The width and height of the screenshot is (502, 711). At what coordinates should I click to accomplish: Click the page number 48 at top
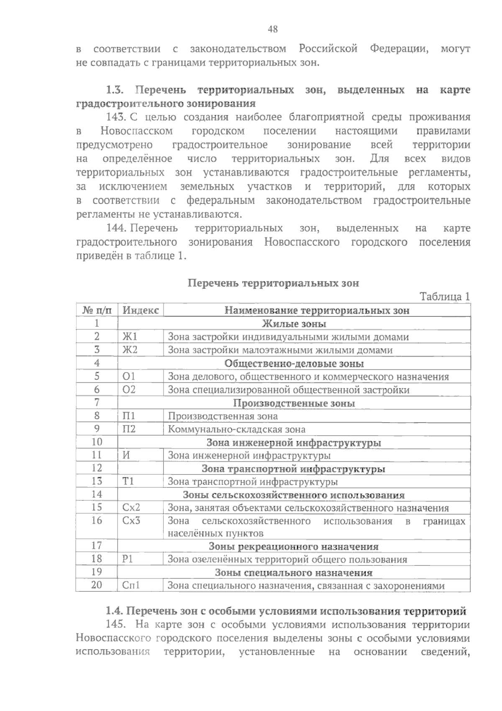point(272,29)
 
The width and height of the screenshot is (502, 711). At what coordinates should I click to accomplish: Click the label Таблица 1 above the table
point(445,296)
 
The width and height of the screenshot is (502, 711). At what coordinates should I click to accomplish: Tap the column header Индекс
point(141,310)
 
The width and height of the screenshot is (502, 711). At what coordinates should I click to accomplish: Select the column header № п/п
point(97,310)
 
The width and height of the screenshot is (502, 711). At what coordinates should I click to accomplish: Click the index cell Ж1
point(130,336)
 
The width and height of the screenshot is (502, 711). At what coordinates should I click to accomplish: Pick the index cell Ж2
point(130,350)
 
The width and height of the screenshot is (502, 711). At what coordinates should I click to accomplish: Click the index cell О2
point(129,390)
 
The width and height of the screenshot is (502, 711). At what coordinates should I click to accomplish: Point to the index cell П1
point(129,416)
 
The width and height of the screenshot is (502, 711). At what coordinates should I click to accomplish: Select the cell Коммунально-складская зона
point(236,429)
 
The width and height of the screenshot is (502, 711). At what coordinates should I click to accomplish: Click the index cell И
point(126,455)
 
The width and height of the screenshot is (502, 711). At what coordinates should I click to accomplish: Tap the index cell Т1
point(128,482)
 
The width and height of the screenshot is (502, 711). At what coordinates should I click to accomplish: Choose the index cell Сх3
point(131,521)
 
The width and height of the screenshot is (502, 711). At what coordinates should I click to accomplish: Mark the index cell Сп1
point(131,585)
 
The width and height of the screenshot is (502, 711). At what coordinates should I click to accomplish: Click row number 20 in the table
point(97,585)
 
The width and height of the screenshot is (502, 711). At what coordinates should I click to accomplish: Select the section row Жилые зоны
point(294,324)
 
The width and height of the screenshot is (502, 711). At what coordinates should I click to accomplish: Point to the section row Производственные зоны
point(294,403)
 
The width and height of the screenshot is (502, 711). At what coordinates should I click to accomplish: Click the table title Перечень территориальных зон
point(273,283)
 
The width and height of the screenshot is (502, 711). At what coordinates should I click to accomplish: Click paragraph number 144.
point(117,228)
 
